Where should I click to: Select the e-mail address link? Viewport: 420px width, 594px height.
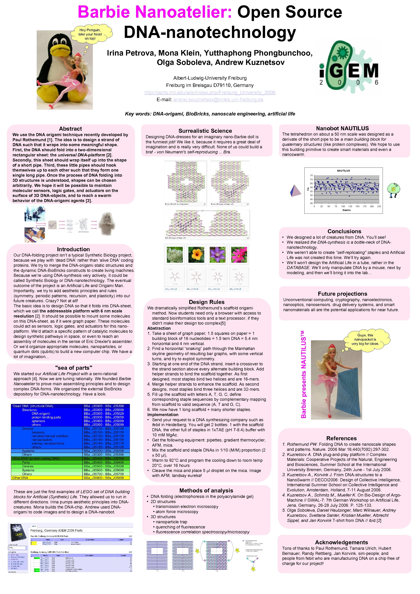[x=218, y=100]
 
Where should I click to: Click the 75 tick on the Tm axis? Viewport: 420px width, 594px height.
[x=311, y=176]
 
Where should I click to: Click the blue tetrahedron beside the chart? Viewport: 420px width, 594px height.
[x=295, y=190]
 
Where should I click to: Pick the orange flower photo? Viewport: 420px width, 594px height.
[x=196, y=255]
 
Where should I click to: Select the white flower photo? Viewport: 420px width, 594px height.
[x=175, y=255]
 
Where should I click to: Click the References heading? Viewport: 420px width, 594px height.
[x=341, y=438]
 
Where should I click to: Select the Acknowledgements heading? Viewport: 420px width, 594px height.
[x=341, y=542]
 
